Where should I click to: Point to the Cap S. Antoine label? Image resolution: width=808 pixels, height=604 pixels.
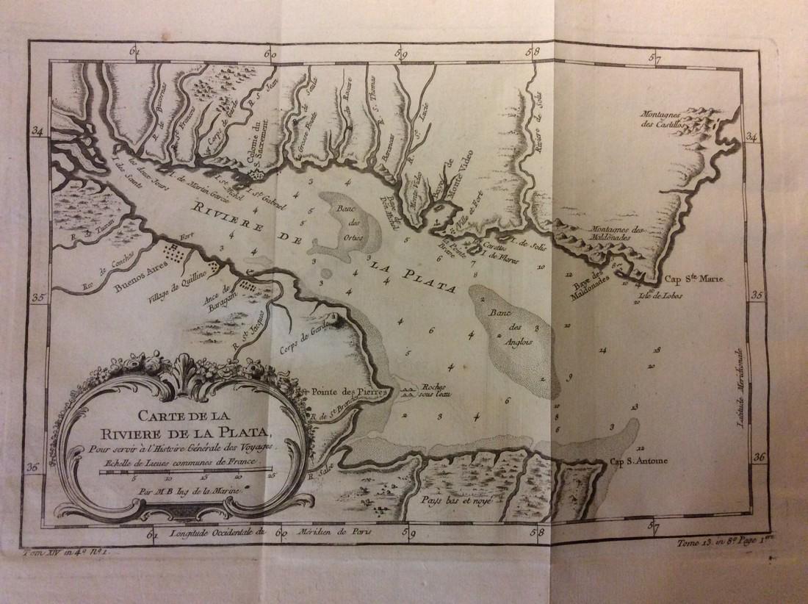pos(638,462)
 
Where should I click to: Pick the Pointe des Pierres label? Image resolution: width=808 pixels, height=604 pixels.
pos(345,392)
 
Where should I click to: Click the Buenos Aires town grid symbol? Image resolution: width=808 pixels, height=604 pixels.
pos(176,254)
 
